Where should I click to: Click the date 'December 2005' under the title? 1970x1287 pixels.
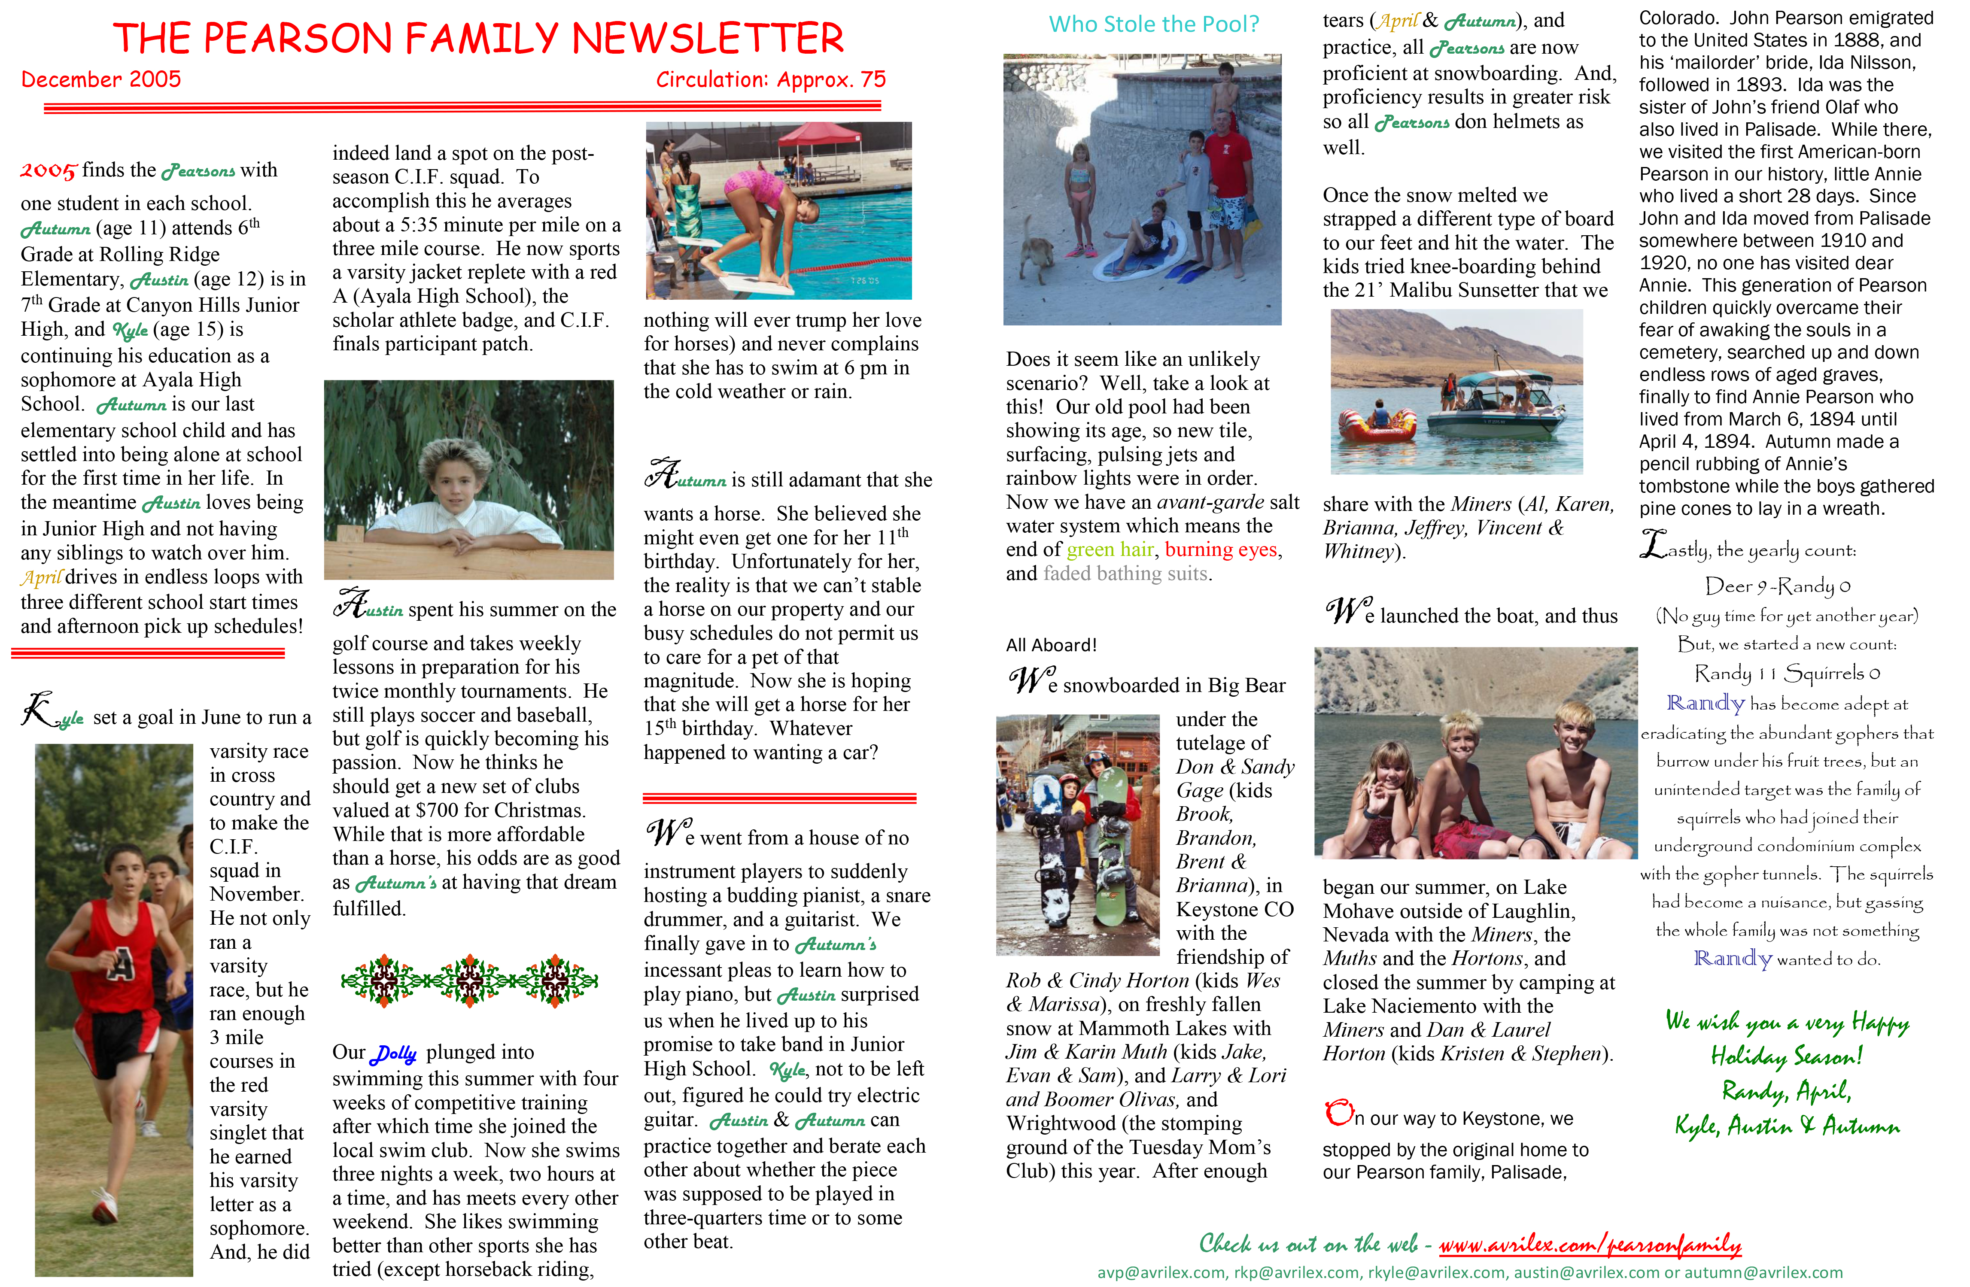click(101, 79)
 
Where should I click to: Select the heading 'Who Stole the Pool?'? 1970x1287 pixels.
click(1154, 24)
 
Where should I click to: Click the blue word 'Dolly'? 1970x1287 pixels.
click(394, 1053)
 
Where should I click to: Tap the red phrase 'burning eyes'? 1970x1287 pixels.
click(1222, 549)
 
